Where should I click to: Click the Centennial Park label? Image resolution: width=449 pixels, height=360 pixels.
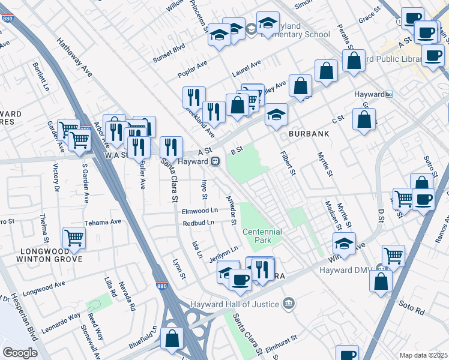point(262,236)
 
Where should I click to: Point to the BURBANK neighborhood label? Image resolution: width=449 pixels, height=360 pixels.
point(309,134)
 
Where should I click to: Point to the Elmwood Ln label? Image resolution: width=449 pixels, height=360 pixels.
point(199,211)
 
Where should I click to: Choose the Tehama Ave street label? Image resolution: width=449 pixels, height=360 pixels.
point(103,221)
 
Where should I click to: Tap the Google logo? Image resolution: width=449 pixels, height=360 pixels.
point(19,352)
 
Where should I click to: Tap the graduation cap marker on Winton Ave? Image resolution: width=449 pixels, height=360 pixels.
point(344,244)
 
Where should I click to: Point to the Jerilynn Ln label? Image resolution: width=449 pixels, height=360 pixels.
point(224,250)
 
